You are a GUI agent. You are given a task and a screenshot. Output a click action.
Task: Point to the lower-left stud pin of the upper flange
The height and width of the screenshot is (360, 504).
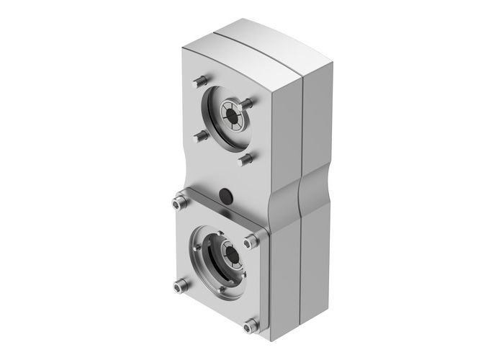coord(202,135)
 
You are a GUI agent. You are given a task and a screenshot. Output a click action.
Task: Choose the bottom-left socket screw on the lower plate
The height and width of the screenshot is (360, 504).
coord(178,287)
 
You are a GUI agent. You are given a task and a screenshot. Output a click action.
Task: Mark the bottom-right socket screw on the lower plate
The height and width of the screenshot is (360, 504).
coord(250,328)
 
